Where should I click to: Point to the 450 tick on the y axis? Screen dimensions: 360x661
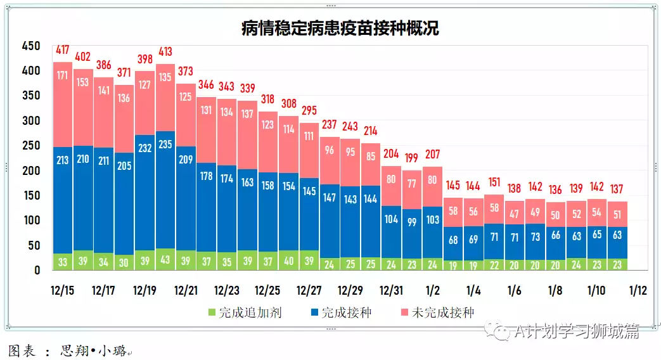click(x=30, y=46)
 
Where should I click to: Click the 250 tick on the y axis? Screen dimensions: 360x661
click(x=30, y=146)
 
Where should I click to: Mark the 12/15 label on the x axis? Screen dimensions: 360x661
click(x=62, y=291)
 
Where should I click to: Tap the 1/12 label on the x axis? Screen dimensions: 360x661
click(x=638, y=291)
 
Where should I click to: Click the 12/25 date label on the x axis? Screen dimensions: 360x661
click(x=267, y=291)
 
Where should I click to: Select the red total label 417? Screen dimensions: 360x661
click(x=63, y=49)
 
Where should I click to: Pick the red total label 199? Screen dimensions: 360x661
click(x=412, y=157)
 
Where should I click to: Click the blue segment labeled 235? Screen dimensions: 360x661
click(x=165, y=145)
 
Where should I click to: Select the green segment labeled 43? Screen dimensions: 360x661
click(x=165, y=260)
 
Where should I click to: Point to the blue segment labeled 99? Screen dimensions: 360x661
click(x=412, y=222)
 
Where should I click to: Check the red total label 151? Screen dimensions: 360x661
click(x=494, y=182)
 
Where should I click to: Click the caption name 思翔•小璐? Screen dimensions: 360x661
click(x=93, y=349)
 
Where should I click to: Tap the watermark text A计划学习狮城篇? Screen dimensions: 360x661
click(x=577, y=331)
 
